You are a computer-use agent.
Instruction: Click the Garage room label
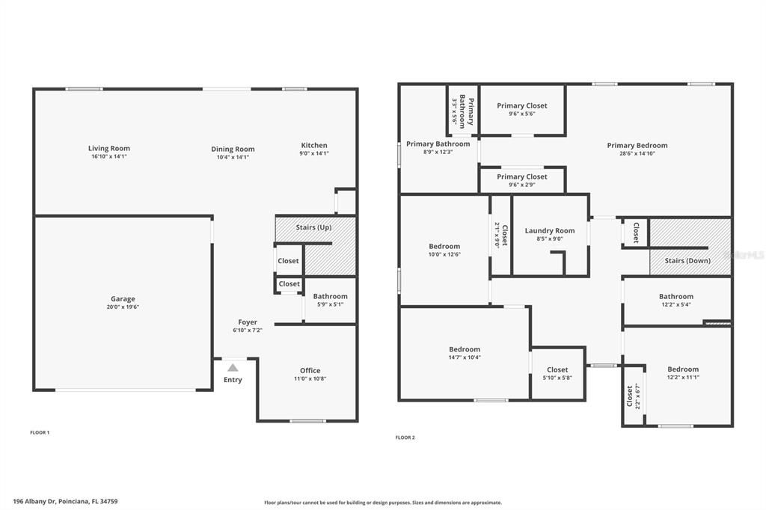coord(123,299)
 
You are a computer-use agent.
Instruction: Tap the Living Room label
coord(109,148)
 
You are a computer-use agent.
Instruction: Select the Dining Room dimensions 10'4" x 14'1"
coord(233,157)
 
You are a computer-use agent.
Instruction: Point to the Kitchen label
coord(314,145)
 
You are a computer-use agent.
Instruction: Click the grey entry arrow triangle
coord(233,367)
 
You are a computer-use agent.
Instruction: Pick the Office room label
coord(310,370)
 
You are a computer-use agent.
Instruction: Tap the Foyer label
coord(248,322)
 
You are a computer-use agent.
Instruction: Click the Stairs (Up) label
coord(314,227)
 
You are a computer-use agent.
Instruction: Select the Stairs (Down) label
coord(687,261)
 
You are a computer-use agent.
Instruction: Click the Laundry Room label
coord(550,230)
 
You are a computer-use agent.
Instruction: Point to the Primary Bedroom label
coord(637,145)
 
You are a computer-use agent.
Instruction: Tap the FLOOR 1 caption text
coord(40,432)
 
